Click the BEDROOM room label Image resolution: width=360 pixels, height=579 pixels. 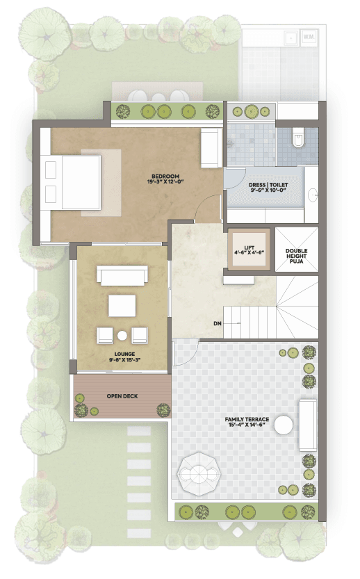pyautogui.click(x=165, y=177)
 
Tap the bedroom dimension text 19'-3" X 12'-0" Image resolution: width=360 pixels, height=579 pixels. pyautogui.click(x=165, y=181)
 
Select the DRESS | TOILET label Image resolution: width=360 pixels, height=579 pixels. pyautogui.click(x=268, y=185)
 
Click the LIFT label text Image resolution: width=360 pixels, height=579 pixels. pyautogui.click(x=249, y=247)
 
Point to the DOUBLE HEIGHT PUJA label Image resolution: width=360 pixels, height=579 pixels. pyautogui.click(x=297, y=256)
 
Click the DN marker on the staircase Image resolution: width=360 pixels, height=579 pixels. pyautogui.click(x=218, y=323)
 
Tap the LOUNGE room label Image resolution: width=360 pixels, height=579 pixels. pyautogui.click(x=124, y=354)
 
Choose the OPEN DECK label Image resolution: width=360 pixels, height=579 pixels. pyautogui.click(x=122, y=396)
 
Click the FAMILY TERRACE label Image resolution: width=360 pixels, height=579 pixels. pyautogui.click(x=247, y=420)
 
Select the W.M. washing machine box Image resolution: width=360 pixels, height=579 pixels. pyautogui.click(x=309, y=37)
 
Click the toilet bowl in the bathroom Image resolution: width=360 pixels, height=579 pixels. pyautogui.click(x=298, y=138)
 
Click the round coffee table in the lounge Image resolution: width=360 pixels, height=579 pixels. pyautogui.click(x=122, y=336)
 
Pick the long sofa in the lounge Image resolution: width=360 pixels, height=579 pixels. pyautogui.click(x=122, y=275)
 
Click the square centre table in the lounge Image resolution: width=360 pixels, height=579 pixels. pyautogui.click(x=122, y=305)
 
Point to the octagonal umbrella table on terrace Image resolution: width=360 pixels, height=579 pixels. pyautogui.click(x=199, y=471)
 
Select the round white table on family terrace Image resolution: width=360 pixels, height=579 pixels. pyautogui.click(x=284, y=425)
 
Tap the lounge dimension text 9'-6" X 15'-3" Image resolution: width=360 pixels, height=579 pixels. pyautogui.click(x=124, y=359)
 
